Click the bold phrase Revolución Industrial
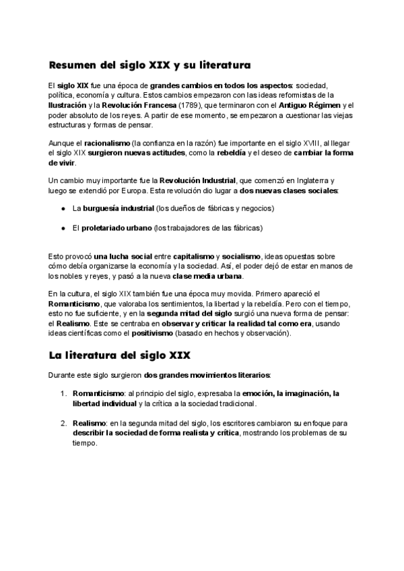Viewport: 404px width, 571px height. [197, 181]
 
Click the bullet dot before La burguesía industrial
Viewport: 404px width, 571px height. [62, 209]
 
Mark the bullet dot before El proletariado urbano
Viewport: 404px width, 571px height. [62, 228]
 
